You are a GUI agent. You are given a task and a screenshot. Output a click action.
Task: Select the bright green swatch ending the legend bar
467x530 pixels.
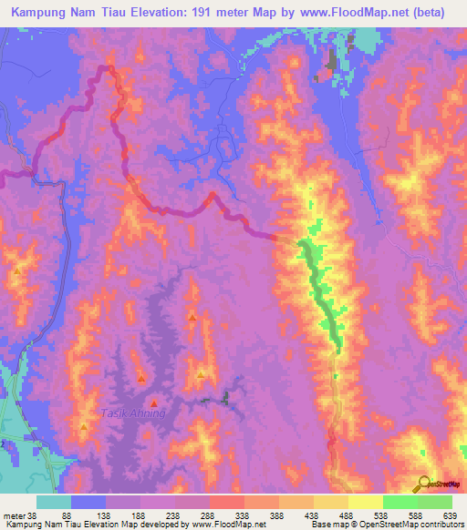click(434, 503)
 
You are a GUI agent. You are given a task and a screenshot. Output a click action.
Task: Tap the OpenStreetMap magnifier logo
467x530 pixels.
click(425, 483)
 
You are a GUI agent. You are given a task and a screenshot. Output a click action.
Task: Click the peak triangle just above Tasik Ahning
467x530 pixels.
click(153, 402)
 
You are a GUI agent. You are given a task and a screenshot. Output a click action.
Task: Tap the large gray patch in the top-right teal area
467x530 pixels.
click(329, 65)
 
